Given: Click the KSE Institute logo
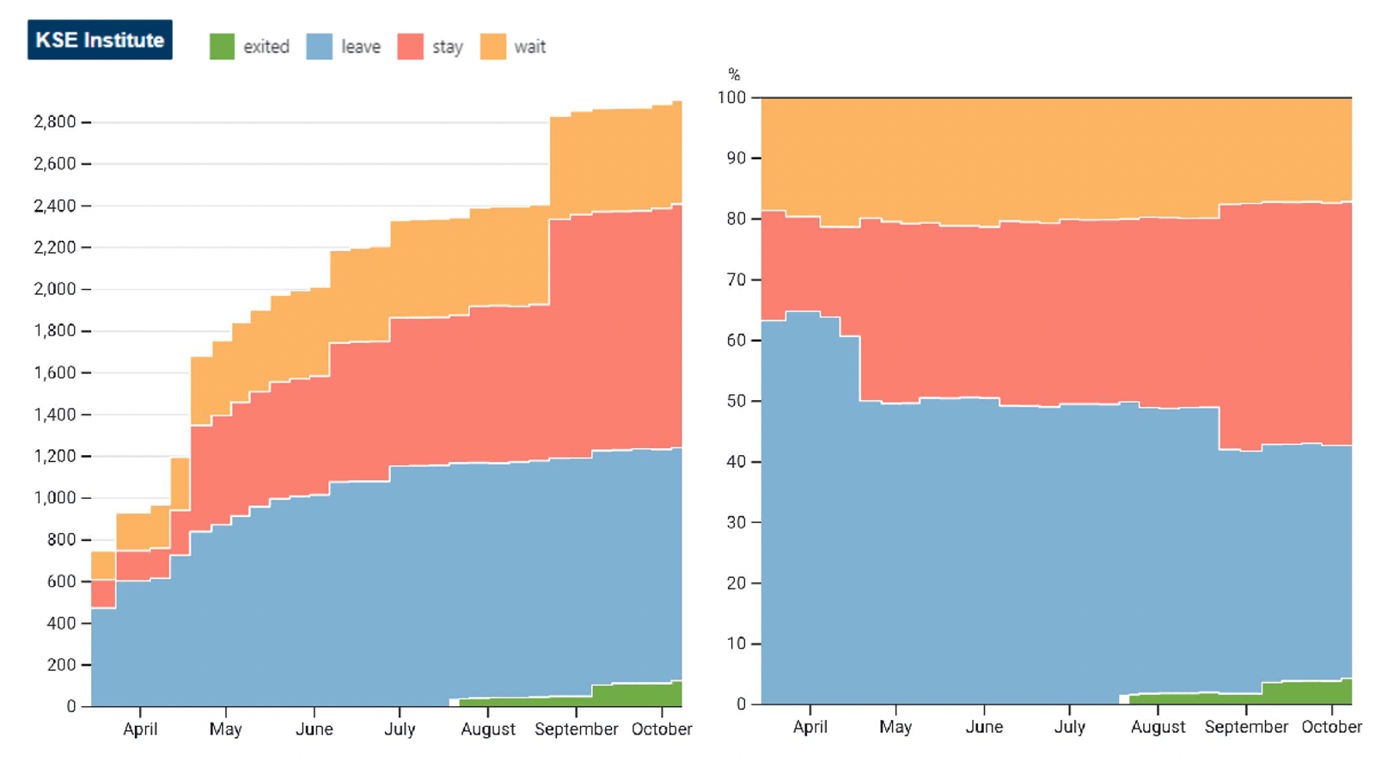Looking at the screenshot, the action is (100, 40).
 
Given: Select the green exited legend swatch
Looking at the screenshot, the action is (223, 46).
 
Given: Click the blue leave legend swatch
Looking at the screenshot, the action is (319, 46).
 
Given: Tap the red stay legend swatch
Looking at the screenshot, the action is (411, 46).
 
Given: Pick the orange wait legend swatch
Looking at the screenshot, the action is (493, 46).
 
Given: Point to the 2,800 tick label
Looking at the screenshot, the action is (55, 121).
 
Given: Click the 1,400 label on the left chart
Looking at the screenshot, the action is (55, 414).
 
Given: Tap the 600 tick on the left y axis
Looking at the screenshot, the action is (62, 582).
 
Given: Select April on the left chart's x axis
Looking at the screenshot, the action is (140, 729).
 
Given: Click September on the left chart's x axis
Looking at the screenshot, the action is (577, 729).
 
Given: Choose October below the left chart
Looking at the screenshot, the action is (662, 729).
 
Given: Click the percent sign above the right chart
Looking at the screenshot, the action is (734, 75).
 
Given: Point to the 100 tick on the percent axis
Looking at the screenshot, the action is (731, 97).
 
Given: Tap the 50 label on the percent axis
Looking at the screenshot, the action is (736, 401).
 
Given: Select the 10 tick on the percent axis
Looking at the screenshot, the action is (736, 644).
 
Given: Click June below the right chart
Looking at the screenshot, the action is (984, 727).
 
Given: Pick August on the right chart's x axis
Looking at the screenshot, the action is (1158, 728).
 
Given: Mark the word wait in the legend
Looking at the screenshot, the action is (530, 46).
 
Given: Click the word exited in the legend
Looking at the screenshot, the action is (266, 46).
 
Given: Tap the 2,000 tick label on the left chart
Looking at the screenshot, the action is (55, 289).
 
